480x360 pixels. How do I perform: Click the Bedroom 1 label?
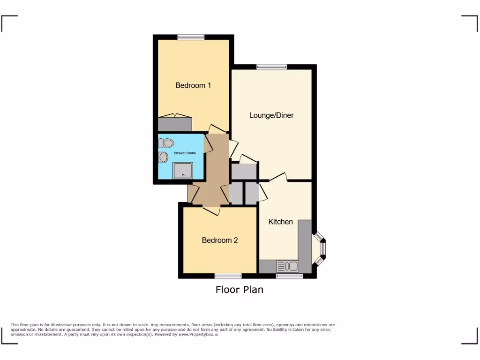(x=193, y=85)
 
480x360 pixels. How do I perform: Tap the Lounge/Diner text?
(x=271, y=115)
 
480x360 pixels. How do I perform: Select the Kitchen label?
(x=280, y=222)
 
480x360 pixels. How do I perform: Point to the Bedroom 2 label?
(x=220, y=240)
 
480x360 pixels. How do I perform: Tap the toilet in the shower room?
(x=166, y=142)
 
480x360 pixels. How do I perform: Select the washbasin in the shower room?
(x=164, y=157)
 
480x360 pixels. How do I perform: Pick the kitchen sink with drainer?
(x=287, y=267)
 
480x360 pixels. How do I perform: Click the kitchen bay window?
(x=321, y=247)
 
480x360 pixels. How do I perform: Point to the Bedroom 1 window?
(x=191, y=37)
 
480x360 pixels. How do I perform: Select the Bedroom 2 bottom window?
(x=228, y=276)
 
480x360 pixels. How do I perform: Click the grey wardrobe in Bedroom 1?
(x=175, y=124)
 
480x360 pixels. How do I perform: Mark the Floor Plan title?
(x=239, y=290)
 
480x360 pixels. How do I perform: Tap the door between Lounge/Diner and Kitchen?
(x=278, y=178)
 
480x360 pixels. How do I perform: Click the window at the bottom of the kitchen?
(x=289, y=276)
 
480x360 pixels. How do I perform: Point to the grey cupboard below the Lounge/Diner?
(x=244, y=172)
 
